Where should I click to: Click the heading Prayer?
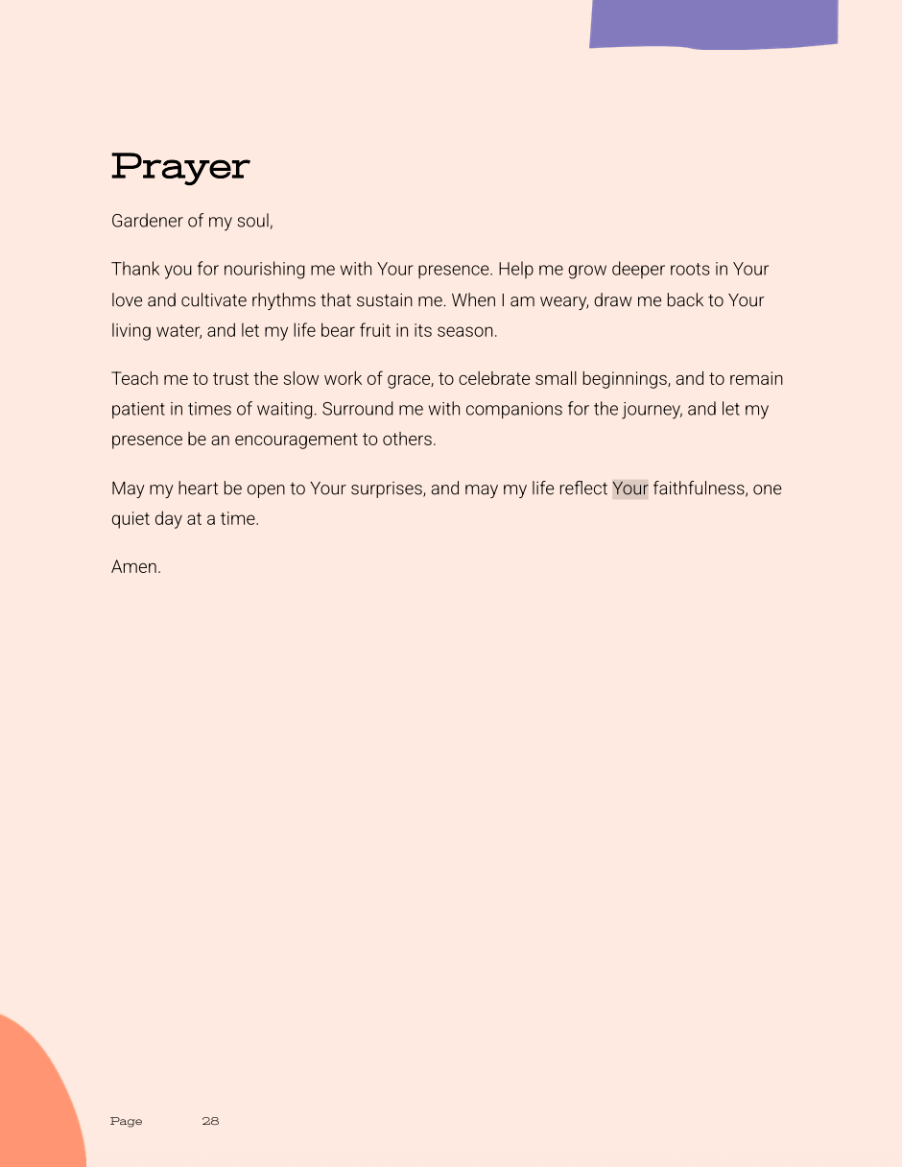[x=180, y=167]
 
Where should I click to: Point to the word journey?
[x=651, y=410]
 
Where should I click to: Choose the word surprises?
[x=386, y=488]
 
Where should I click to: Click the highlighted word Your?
[x=630, y=488]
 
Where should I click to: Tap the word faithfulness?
[x=700, y=488]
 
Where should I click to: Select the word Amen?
[x=135, y=567]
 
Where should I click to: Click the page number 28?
[x=210, y=1121]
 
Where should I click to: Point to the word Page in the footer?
[x=126, y=1121]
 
